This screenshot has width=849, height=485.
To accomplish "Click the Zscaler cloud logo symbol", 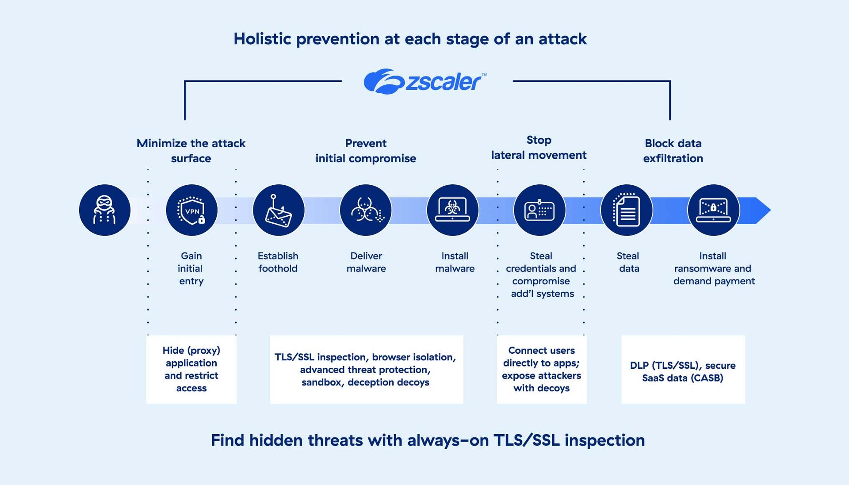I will [x=383, y=81].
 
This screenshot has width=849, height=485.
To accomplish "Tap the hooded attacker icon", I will [x=105, y=210].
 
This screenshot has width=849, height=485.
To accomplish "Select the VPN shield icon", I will [x=191, y=210].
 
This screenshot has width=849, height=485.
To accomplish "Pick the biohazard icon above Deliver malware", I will [x=366, y=210].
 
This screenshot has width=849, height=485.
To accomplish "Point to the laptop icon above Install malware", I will [x=452, y=210].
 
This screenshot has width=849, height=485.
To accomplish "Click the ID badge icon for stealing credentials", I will [x=539, y=210].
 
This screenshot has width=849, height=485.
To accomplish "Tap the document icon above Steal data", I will [x=627, y=210].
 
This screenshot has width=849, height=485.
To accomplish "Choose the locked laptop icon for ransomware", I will [x=713, y=210].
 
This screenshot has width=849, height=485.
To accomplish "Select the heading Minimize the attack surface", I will [x=191, y=151].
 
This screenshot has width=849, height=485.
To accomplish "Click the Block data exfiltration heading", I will [x=673, y=151].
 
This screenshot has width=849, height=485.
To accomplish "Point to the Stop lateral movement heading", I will [x=539, y=148].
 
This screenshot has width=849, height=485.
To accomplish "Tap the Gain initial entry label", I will [x=191, y=268].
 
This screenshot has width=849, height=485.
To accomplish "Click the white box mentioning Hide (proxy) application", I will [x=191, y=369].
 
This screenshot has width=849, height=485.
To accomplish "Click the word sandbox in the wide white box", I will [x=321, y=382].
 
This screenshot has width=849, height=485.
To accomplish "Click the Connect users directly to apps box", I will [x=542, y=369].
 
